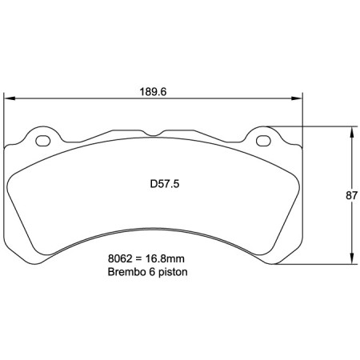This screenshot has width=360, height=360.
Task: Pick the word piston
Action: [x=175, y=272]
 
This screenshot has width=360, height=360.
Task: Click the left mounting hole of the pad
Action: [x=42, y=141]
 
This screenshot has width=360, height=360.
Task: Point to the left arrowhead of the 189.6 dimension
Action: [x=10, y=99]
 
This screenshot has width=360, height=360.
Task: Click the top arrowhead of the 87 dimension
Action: [x=351, y=130]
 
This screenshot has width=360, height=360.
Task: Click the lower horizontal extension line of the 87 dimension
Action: [x=312, y=266]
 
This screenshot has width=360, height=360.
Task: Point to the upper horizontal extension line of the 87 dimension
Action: [x=312, y=126]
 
